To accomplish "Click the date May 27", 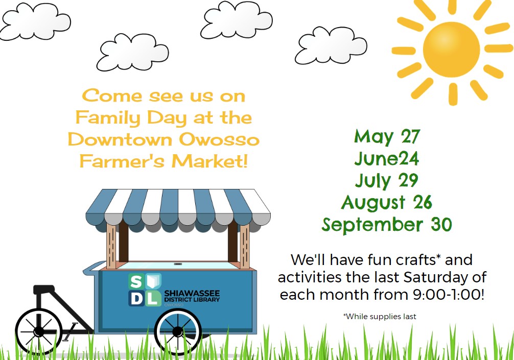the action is (x=387, y=137).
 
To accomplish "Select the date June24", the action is (x=387, y=158).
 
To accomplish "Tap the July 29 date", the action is (x=387, y=180).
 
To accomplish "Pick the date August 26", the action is (x=387, y=202).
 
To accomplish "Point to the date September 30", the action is (x=387, y=224).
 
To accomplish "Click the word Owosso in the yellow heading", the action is (x=220, y=139).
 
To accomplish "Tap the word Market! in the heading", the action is (x=210, y=161).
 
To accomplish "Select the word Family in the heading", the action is (x=108, y=118).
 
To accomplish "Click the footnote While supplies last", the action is (x=380, y=317).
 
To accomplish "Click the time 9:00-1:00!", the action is (x=448, y=294).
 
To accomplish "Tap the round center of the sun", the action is (x=451, y=50).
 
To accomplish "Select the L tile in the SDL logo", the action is (x=153, y=298).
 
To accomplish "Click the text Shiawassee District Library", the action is (x=192, y=296).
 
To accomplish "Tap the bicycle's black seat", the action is (x=44, y=290).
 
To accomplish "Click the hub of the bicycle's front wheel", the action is (x=39, y=331).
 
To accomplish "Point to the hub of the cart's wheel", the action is (x=177, y=331).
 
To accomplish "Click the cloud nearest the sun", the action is (x=331, y=45).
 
